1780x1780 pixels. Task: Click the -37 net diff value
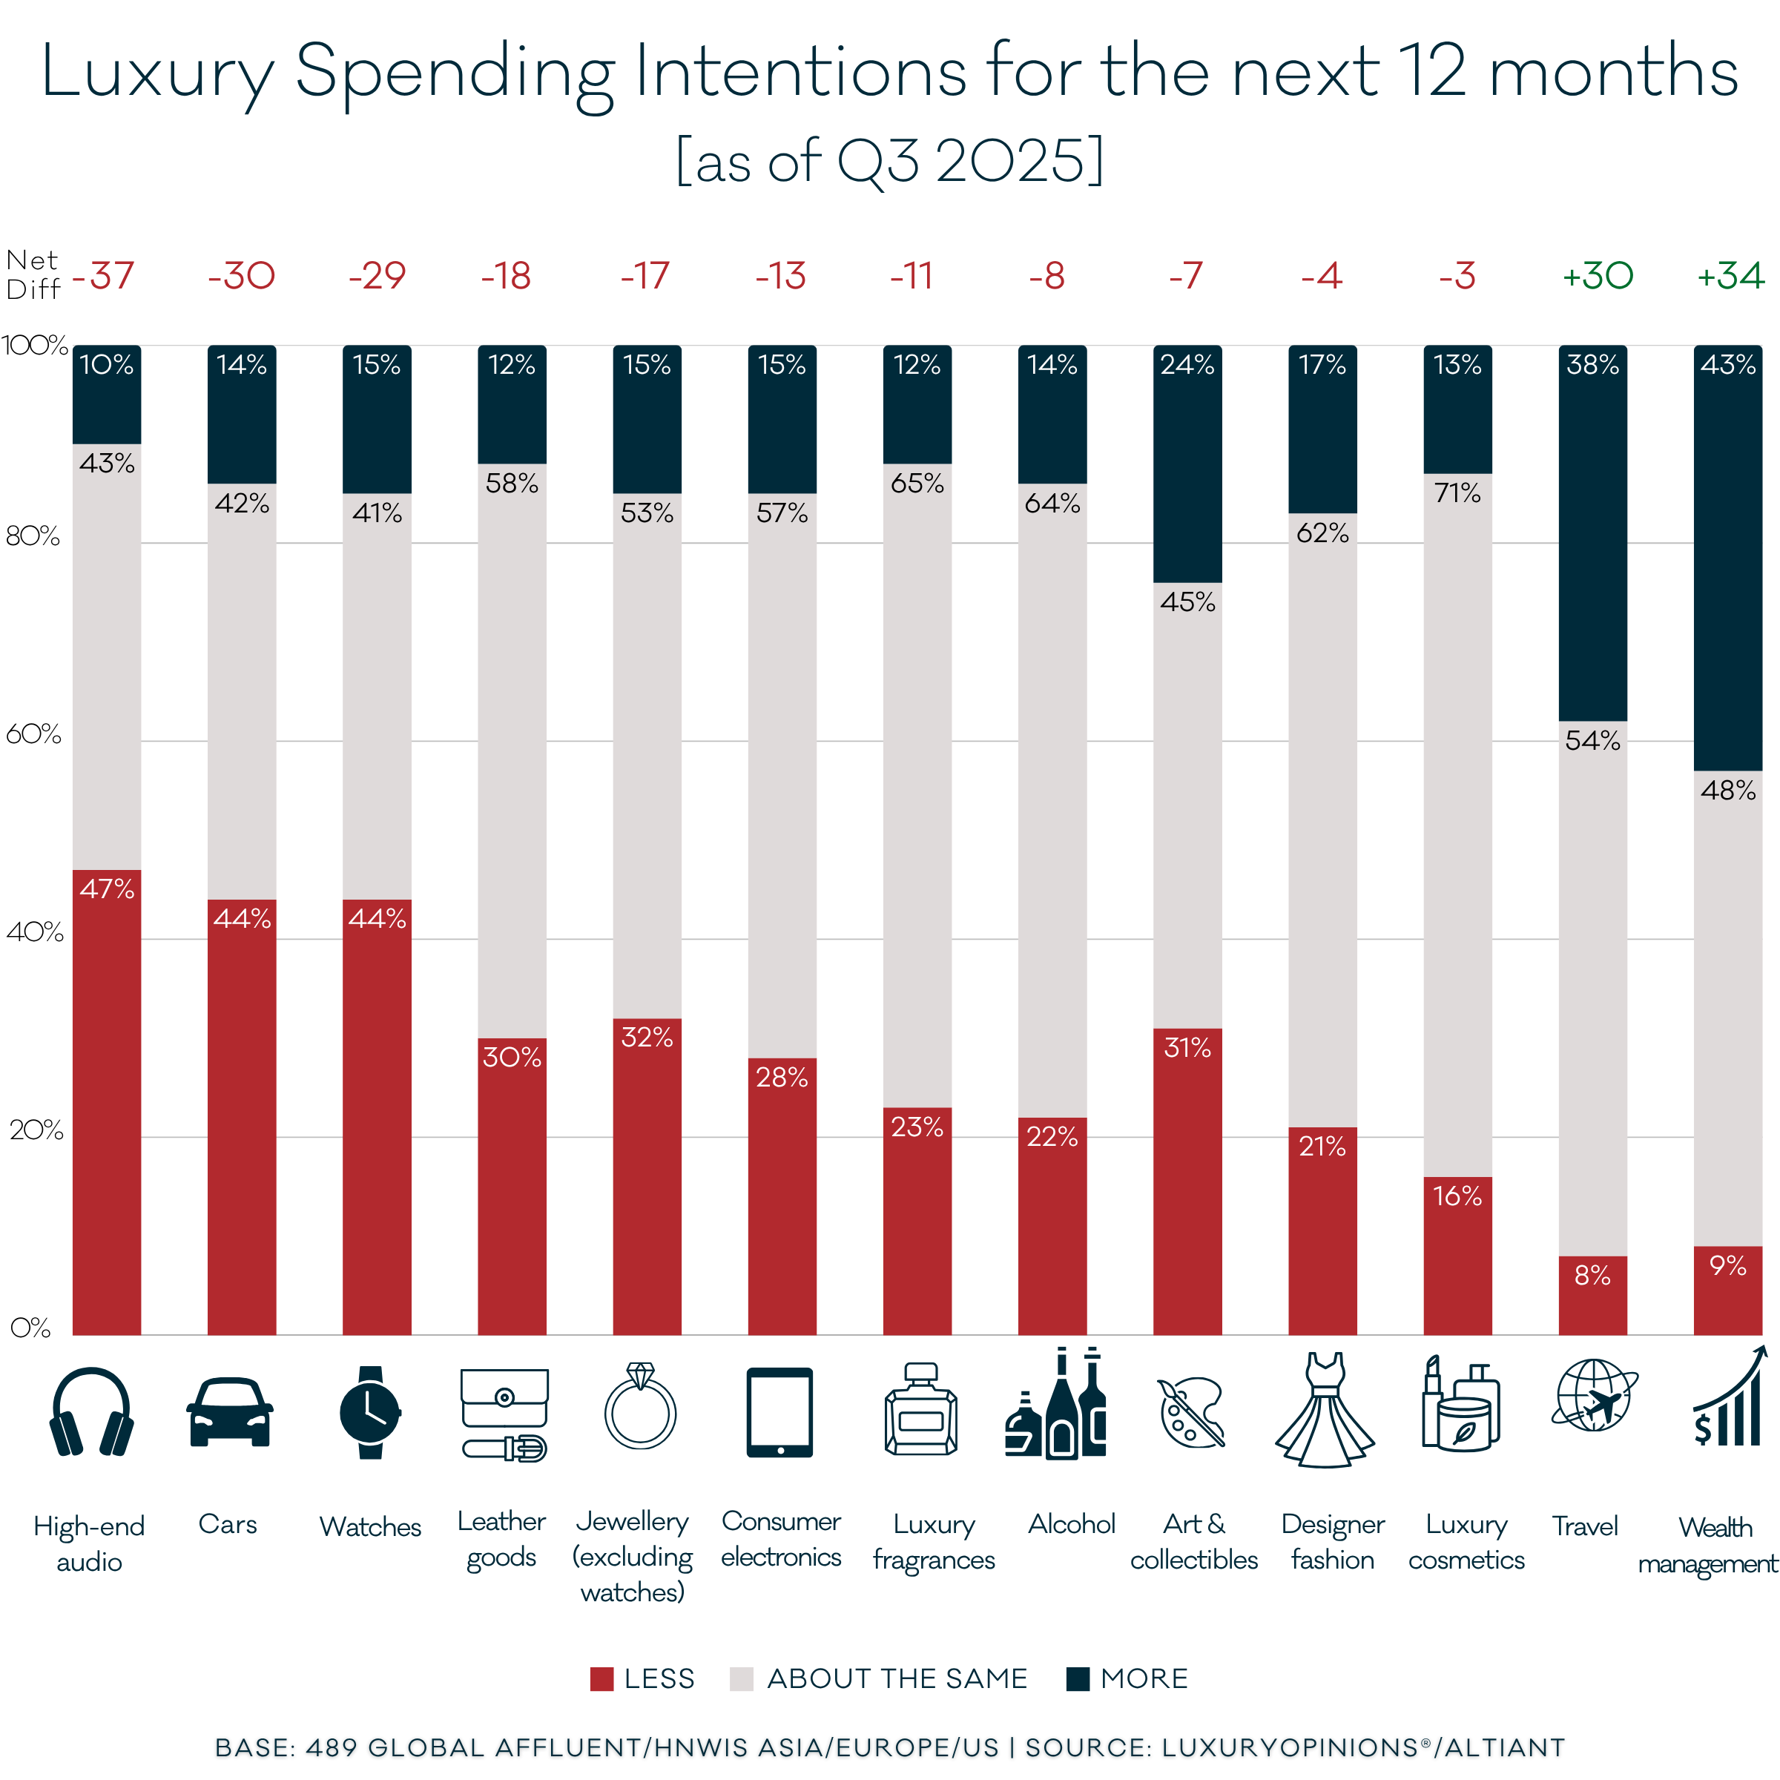pos(104,275)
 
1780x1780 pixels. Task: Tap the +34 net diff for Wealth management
pos(1730,275)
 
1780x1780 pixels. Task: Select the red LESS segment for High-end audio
pos(107,1106)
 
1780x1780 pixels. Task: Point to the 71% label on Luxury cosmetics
pos(1457,494)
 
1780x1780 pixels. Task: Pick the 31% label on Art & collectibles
pos(1187,1047)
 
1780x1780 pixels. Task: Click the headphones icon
pos(91,1412)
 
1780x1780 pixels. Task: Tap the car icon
pos(228,1412)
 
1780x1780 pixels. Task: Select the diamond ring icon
pos(640,1407)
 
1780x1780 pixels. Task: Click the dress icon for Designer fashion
pos(1325,1411)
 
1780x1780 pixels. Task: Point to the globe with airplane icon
pos(1594,1396)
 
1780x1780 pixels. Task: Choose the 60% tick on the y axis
pos(33,734)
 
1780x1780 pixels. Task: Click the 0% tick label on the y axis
pos(30,1328)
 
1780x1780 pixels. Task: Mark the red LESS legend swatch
pos(601,1678)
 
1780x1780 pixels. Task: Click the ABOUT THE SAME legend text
pos(897,1678)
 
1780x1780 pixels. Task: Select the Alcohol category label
pos(1072,1524)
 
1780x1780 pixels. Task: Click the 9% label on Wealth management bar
pos(1727,1266)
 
